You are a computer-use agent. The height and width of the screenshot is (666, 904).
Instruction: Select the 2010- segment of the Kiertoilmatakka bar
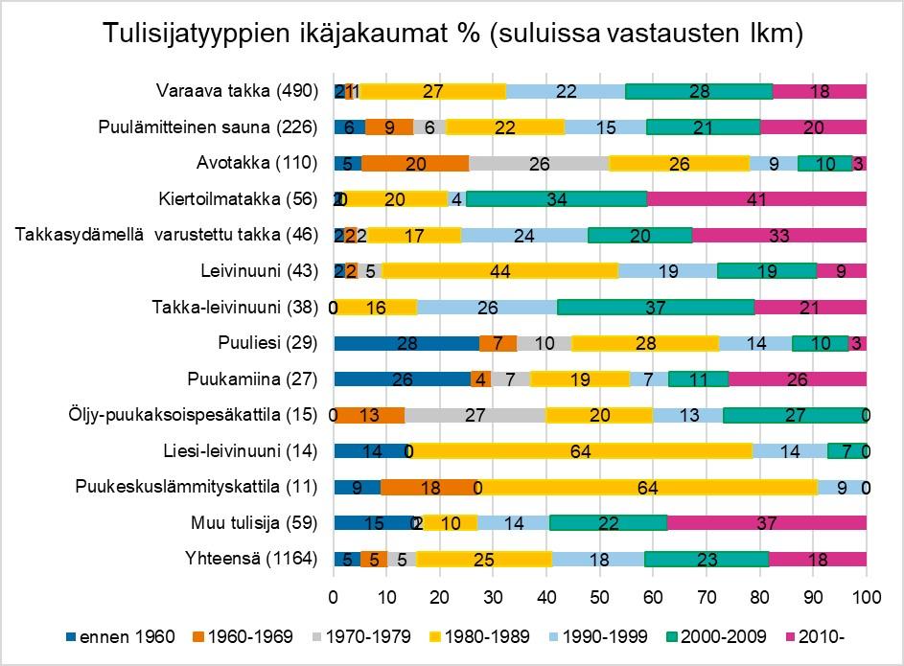(757, 199)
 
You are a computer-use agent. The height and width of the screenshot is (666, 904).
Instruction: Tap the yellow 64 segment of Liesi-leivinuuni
(581, 450)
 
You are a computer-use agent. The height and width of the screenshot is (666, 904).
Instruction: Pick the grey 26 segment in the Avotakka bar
(539, 163)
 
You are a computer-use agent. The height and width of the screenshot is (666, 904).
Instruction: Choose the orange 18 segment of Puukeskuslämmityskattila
(430, 487)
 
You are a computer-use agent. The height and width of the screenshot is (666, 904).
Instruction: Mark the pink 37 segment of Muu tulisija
(766, 522)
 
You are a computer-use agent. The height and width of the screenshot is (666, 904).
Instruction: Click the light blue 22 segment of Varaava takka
(566, 91)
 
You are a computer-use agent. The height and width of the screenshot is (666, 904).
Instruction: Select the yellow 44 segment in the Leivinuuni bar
(499, 271)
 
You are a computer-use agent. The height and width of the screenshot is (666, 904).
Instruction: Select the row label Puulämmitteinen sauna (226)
(207, 127)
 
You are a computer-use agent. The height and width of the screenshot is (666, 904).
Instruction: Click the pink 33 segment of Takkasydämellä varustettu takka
(778, 235)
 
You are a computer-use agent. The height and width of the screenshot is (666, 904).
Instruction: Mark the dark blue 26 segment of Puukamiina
(402, 379)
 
